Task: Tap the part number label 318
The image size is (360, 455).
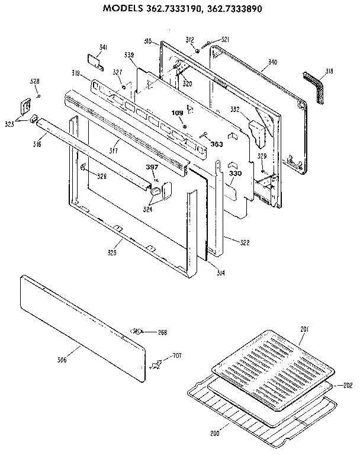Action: pyautogui.click(x=329, y=71)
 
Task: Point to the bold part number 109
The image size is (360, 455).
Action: pyautogui.click(x=177, y=113)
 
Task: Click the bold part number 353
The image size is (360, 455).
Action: pyautogui.click(x=217, y=143)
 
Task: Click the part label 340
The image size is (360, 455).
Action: pyautogui.click(x=272, y=62)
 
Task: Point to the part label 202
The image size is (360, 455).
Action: pyautogui.click(x=348, y=385)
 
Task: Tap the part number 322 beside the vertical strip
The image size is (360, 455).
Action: pyautogui.click(x=244, y=242)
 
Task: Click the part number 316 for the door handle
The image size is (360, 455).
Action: pyautogui.click(x=37, y=144)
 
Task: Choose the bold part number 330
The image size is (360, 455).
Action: pyautogui.click(x=236, y=174)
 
